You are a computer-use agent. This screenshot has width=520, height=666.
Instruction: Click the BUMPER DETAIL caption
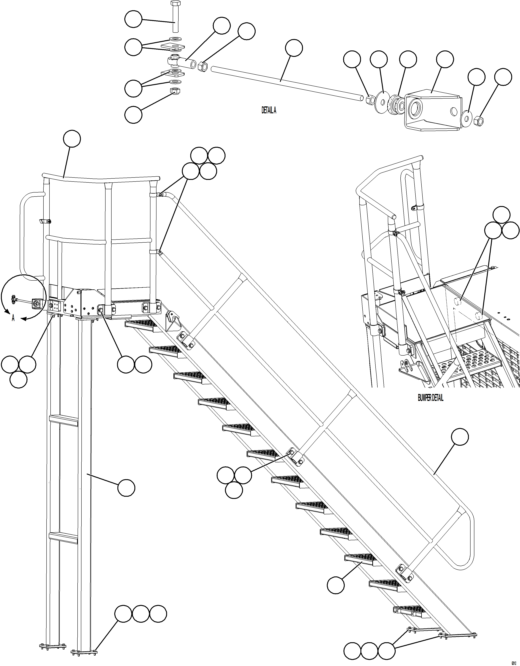click(x=430, y=398)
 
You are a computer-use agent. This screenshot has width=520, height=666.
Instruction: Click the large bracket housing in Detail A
click(x=433, y=110)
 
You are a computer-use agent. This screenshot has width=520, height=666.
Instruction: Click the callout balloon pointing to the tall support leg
click(x=126, y=488)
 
